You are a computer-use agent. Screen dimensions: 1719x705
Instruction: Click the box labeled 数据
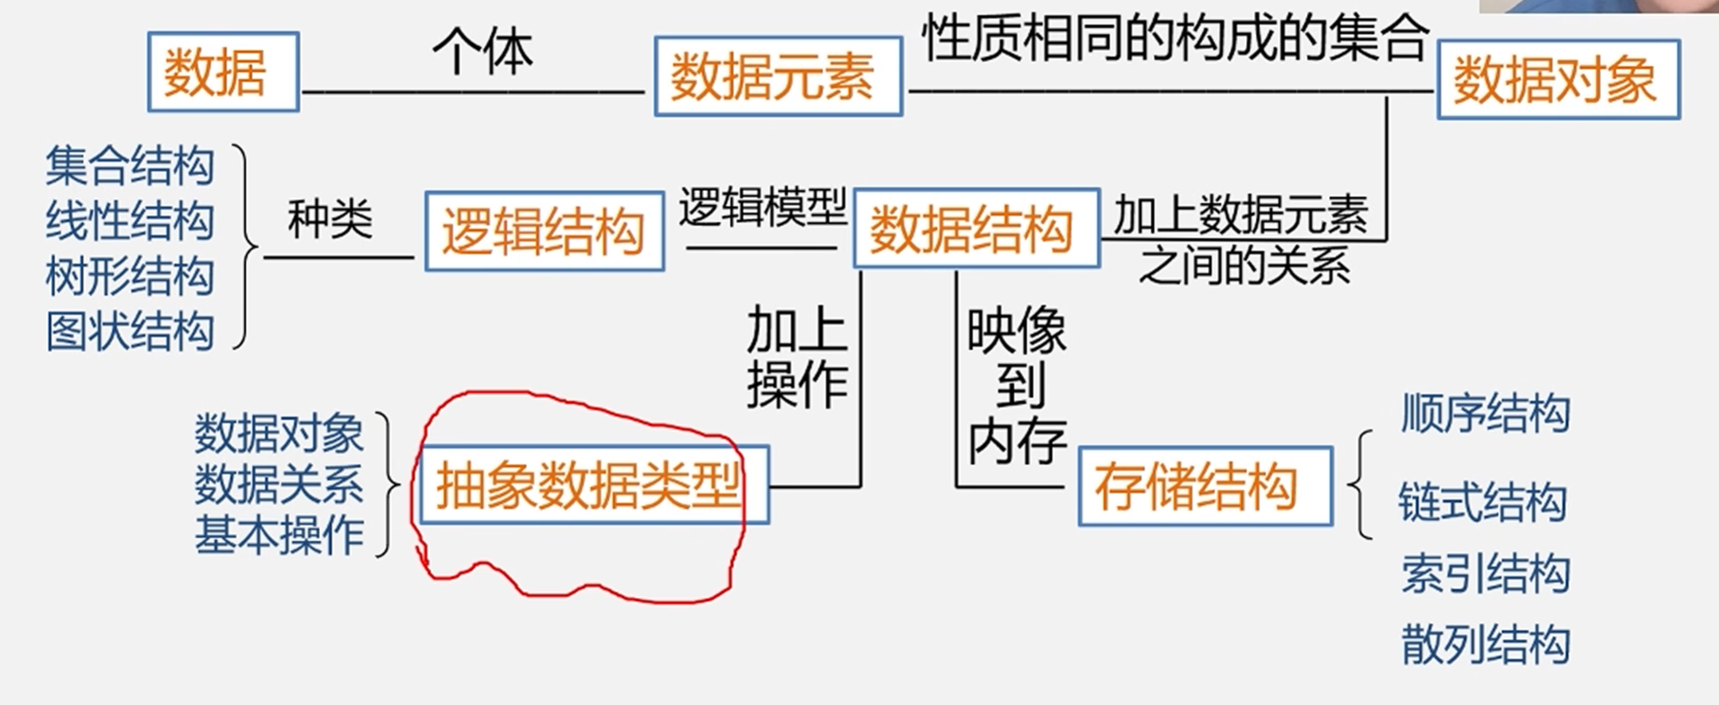coord(223,72)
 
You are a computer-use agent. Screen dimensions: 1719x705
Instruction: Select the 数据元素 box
coord(778,76)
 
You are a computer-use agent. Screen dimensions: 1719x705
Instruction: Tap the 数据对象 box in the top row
coord(1557,80)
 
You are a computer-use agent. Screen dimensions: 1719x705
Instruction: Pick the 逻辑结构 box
coord(544,231)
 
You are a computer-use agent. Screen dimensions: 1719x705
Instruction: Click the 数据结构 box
coord(975,228)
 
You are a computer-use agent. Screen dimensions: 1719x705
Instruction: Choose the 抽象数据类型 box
coord(593,485)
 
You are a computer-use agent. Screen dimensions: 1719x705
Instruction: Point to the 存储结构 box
coord(1205,486)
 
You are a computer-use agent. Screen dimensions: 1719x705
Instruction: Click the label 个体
coord(482,53)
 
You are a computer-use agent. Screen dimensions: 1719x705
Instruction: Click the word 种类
coord(330,219)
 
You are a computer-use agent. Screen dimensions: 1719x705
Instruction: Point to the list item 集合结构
coord(130,166)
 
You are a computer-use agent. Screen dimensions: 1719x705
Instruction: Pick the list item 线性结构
coord(130,220)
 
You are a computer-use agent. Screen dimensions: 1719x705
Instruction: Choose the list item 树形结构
coord(130,276)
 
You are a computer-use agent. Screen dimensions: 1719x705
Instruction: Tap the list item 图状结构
coord(130,331)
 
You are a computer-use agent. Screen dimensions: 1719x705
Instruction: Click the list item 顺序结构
coord(1485,413)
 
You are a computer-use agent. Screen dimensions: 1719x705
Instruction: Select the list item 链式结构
coord(1482,502)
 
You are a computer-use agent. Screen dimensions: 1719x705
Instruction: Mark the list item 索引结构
coord(1485,574)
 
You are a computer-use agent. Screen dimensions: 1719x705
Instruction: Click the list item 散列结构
coord(1485,645)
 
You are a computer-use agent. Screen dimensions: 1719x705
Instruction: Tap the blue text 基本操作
coord(279,534)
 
